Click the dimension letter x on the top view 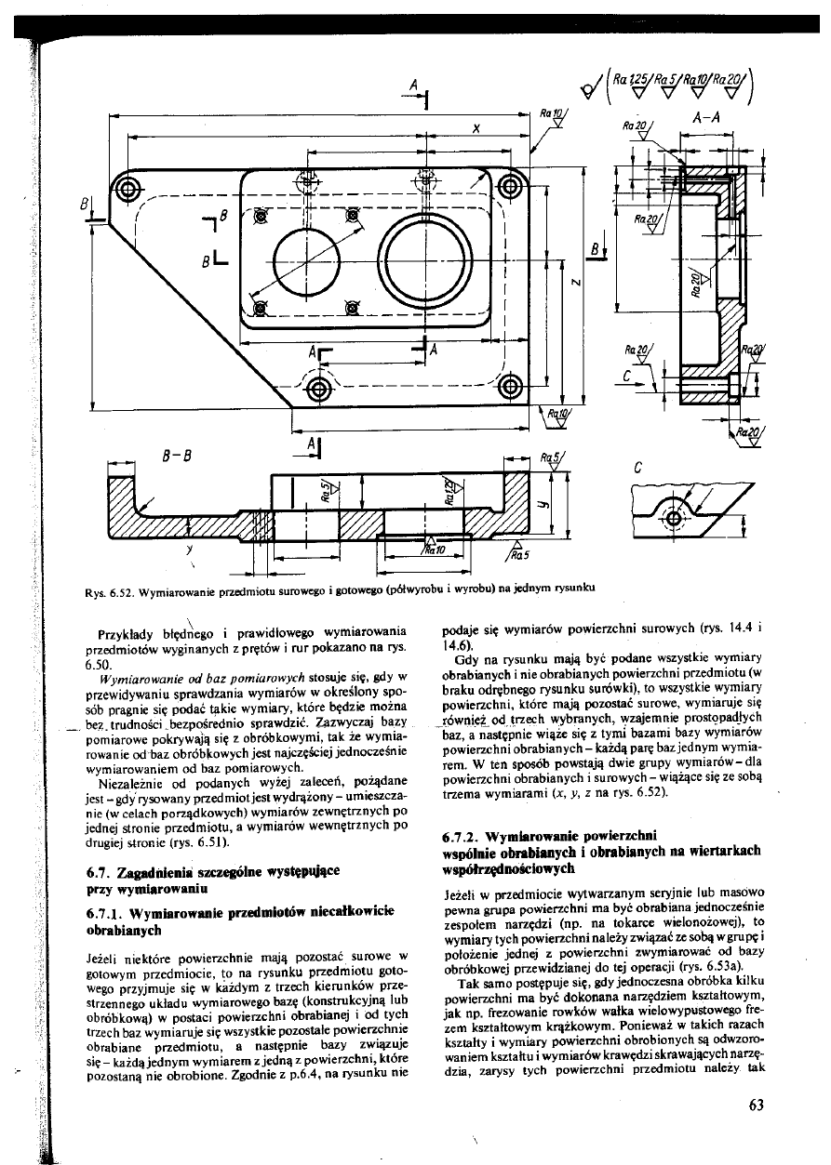pos(476,129)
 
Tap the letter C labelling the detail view pos(637,469)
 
